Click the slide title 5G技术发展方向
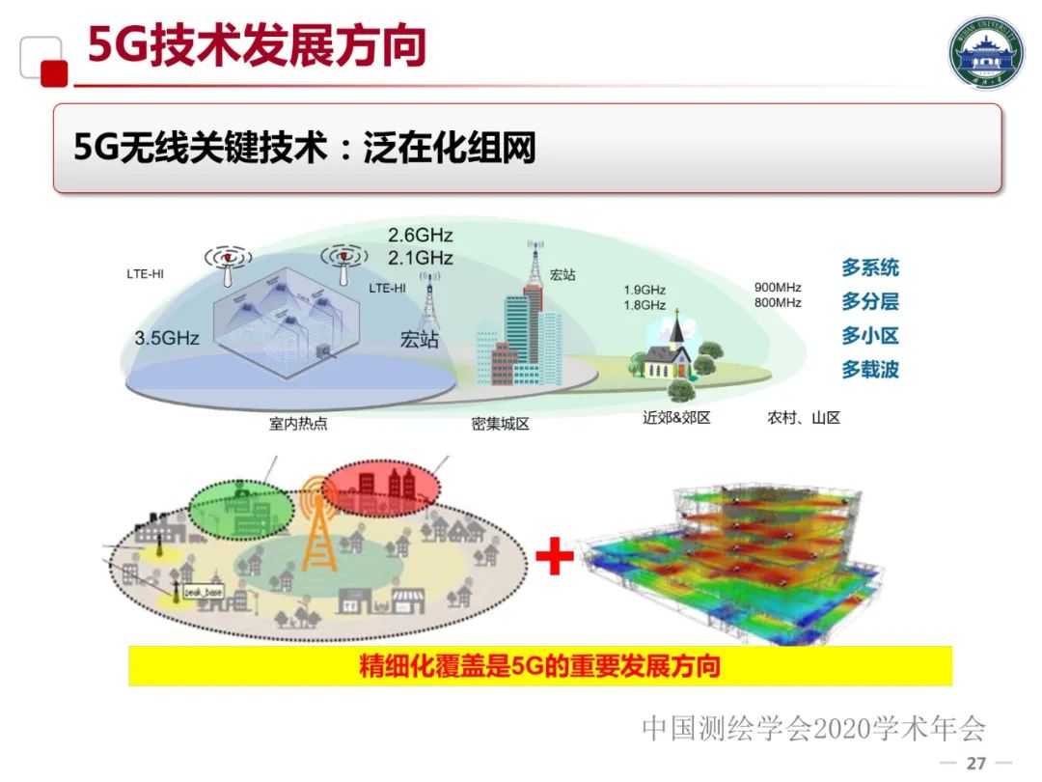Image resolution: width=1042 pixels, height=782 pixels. [x=257, y=46]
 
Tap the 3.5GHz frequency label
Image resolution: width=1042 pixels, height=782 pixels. [x=167, y=338]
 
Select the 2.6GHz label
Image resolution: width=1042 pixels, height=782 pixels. [x=420, y=236]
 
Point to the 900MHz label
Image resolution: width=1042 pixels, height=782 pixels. [x=778, y=288]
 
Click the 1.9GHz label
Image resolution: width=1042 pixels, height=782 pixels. [x=644, y=290]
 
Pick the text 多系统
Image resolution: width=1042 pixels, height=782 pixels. [x=869, y=268]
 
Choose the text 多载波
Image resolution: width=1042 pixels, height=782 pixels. [x=869, y=370]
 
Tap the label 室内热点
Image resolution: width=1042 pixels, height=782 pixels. [x=298, y=423]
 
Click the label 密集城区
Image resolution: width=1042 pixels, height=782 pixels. [x=501, y=423]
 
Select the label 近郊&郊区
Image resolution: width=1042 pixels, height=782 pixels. [x=676, y=418]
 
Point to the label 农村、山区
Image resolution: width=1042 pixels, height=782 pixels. [x=804, y=418]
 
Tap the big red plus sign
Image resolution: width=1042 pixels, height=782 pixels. [x=555, y=558]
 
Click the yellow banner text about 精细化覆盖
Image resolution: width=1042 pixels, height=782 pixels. [x=540, y=666]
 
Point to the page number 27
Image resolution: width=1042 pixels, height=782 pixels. [x=976, y=764]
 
